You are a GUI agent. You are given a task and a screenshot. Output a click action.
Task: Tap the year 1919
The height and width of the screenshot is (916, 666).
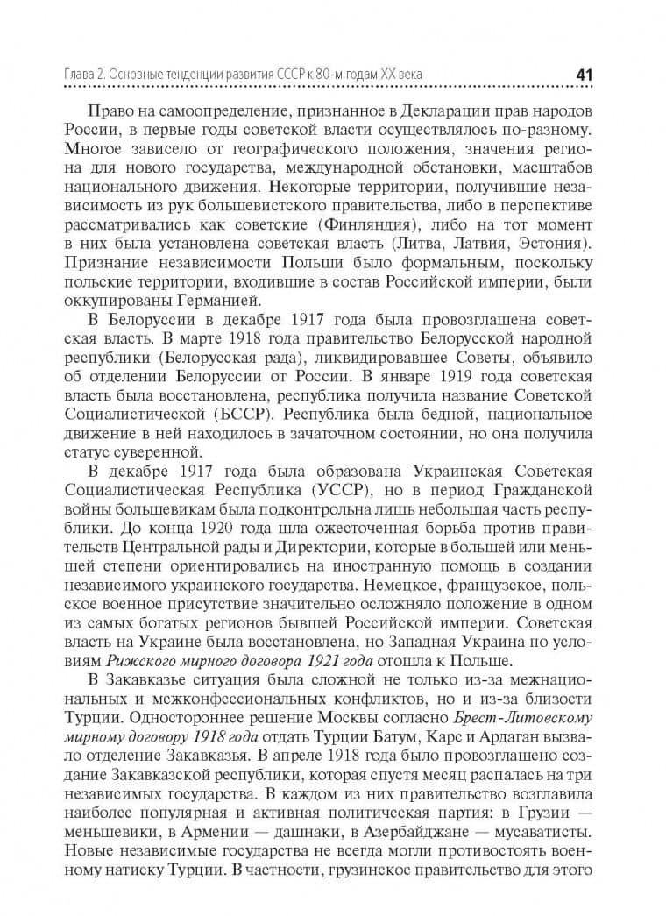click(x=436, y=376)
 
